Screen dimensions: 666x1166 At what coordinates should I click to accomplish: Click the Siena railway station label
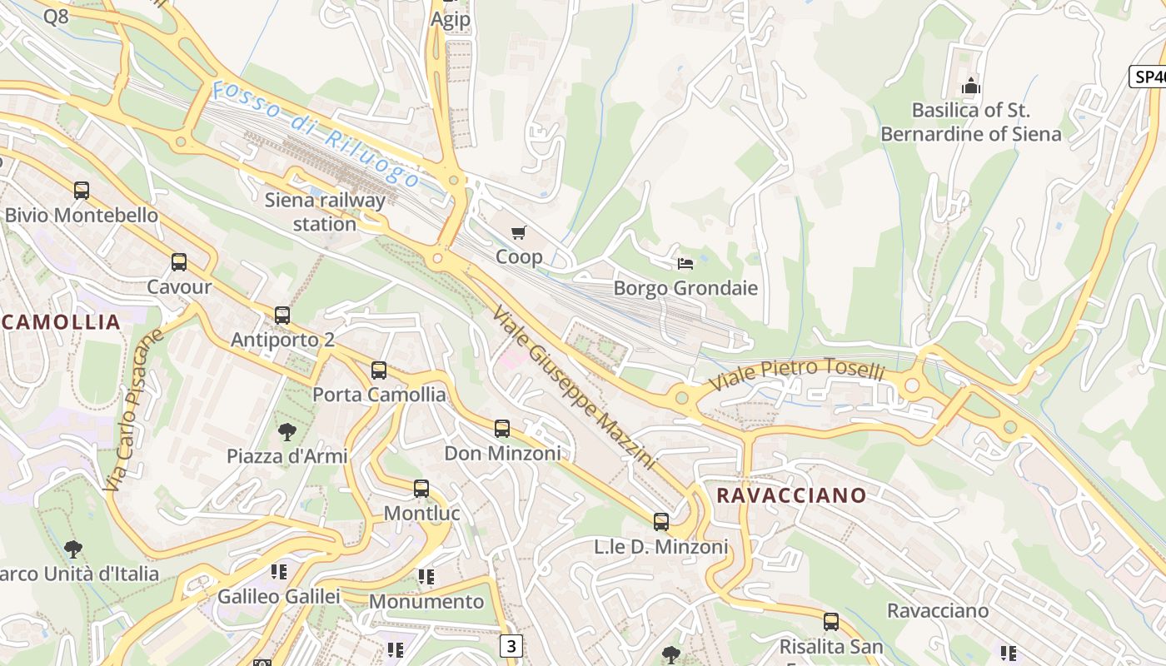(325, 211)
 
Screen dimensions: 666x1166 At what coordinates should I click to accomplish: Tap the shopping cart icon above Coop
(519, 232)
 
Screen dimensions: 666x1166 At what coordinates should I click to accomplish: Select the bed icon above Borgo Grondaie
(685, 264)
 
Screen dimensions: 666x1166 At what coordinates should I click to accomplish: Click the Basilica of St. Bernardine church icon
(971, 86)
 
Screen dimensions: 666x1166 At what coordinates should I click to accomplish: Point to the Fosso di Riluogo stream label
(316, 134)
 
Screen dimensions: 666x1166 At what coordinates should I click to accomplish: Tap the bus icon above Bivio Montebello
(82, 191)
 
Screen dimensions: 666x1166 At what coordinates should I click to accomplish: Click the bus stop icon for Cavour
(179, 262)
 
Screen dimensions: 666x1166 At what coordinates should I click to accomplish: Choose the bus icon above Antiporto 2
(282, 316)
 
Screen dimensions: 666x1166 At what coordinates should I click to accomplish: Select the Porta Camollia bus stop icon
(379, 370)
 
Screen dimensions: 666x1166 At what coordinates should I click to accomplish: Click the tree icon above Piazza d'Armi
(287, 431)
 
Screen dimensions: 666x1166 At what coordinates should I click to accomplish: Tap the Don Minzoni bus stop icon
(502, 429)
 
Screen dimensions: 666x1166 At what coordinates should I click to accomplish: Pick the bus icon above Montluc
(421, 489)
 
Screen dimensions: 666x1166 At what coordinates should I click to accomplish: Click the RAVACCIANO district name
(791, 495)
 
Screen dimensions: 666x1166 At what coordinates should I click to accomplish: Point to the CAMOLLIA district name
(62, 322)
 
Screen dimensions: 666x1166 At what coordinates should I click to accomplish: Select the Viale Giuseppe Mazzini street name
(574, 387)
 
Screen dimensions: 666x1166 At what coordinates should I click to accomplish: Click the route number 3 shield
(511, 645)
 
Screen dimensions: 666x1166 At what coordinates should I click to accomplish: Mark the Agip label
(451, 19)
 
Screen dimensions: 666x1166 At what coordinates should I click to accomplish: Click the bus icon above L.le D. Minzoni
(661, 522)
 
